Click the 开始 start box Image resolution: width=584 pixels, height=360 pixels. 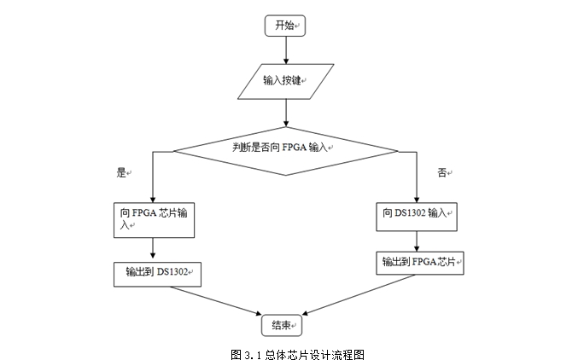(x=285, y=26)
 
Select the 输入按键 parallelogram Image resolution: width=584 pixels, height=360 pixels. (x=286, y=82)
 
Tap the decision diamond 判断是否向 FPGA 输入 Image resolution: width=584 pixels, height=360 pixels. (x=286, y=151)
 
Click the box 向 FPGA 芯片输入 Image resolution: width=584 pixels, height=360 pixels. (x=155, y=220)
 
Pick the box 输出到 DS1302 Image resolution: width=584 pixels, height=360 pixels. (x=158, y=275)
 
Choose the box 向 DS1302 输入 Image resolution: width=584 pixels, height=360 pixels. (x=417, y=217)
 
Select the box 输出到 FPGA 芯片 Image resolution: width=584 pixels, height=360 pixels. (x=420, y=264)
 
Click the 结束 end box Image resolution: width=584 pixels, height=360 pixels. (x=282, y=325)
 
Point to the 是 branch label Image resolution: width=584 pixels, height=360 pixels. (x=122, y=172)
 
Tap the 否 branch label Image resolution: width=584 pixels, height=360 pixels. (x=442, y=172)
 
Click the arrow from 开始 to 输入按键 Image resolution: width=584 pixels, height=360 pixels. (x=286, y=50)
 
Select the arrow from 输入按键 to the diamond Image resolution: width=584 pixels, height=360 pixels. (x=286, y=113)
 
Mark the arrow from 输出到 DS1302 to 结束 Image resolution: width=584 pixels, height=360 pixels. (x=216, y=301)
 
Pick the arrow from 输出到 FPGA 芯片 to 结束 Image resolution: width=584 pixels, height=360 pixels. (x=359, y=295)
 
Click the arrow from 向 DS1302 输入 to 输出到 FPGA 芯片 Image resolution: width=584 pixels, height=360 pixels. (x=417, y=241)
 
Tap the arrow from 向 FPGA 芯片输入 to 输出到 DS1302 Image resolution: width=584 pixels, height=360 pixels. (x=153, y=248)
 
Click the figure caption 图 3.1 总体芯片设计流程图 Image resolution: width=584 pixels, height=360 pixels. (x=297, y=354)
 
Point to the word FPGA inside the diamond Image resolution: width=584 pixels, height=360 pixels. (x=295, y=148)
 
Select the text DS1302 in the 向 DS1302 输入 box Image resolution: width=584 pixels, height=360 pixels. (x=410, y=213)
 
